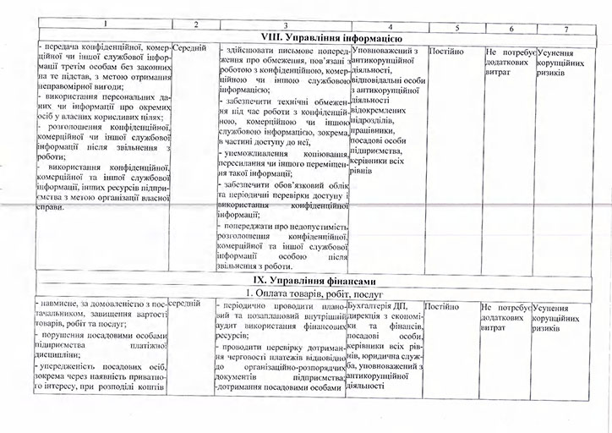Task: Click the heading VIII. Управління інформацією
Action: pos(317,39)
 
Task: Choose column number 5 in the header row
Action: pos(456,28)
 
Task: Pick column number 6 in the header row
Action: pos(511,29)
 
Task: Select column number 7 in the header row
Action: pos(566,30)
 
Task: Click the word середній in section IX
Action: pos(189,303)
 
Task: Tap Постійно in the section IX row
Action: pos(442,305)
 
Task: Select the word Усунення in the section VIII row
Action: pos(555,52)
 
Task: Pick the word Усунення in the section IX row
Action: pos(552,308)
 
